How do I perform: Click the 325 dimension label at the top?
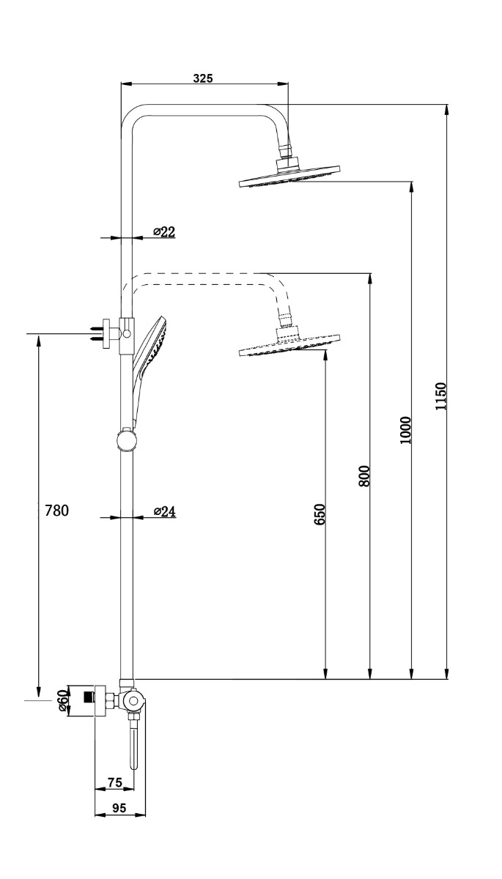[x=203, y=78]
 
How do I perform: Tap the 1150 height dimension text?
[x=441, y=396]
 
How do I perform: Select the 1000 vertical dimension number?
[x=405, y=430]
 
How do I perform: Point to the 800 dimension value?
[x=364, y=476]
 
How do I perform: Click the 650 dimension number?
[x=320, y=514]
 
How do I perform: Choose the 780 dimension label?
[x=56, y=511]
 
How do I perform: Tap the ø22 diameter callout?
[x=164, y=232]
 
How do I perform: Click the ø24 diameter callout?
[x=165, y=511]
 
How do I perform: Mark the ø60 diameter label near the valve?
[x=63, y=701]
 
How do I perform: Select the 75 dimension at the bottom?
[x=115, y=782]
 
